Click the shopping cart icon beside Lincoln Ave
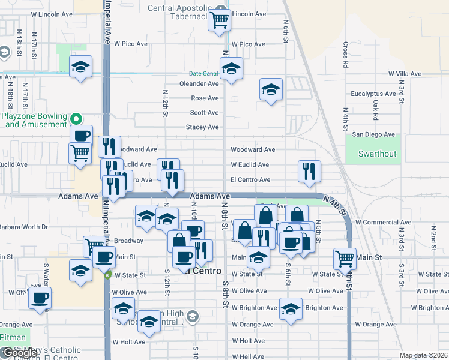(x=220, y=20)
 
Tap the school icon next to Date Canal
(x=231, y=70)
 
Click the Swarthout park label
(x=378, y=154)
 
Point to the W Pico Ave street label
(x=130, y=44)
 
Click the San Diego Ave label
(x=373, y=134)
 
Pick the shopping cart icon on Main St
(x=345, y=259)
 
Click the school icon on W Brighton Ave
(x=291, y=308)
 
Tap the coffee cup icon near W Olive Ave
(x=40, y=297)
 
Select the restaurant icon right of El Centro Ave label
(x=310, y=171)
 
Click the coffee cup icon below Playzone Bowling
(x=82, y=135)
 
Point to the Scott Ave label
(x=205, y=113)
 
